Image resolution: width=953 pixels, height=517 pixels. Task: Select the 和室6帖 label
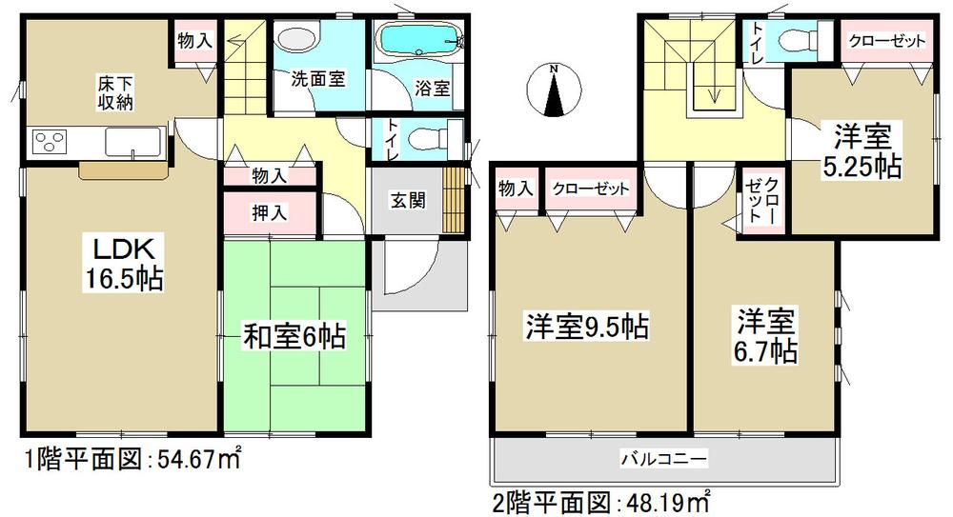pos(293,335)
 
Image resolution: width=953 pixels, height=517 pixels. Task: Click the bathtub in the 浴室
pos(419,44)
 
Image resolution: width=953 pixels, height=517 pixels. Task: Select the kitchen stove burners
pos(51,142)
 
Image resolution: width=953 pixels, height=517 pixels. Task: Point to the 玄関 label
pos(406,201)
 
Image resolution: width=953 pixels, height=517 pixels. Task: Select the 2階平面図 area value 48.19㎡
pos(676,499)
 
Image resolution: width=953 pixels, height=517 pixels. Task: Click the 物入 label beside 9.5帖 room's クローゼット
pos(517,189)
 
